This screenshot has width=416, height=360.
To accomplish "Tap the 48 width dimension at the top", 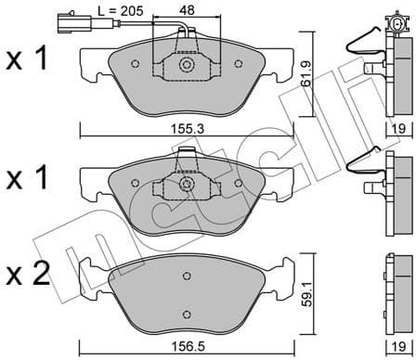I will [186, 10].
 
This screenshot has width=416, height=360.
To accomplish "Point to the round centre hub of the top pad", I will [187, 66].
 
